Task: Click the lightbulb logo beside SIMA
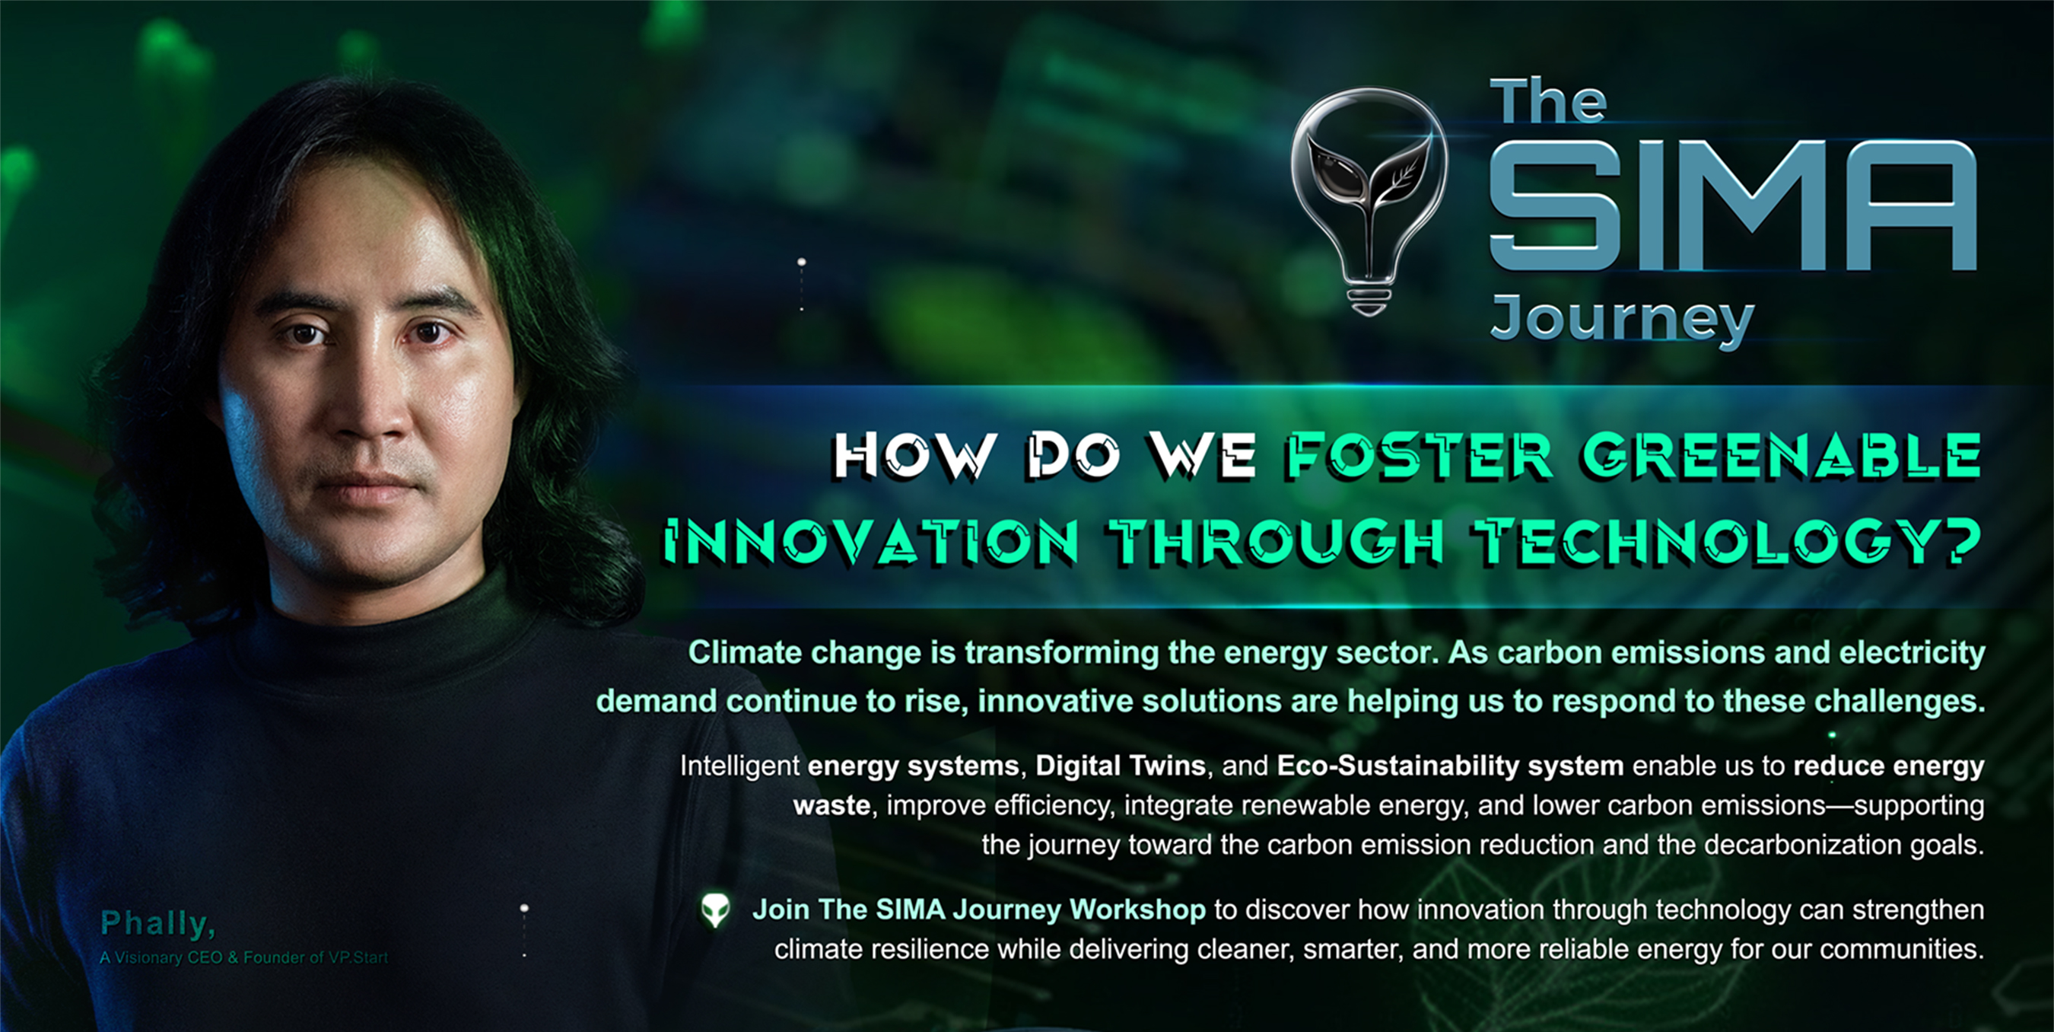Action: click(1369, 199)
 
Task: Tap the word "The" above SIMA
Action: click(1547, 101)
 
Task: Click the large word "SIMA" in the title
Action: click(1732, 205)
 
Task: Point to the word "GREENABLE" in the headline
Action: click(1782, 456)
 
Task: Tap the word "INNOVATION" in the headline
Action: click(872, 543)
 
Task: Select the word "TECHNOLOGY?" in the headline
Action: click(1728, 543)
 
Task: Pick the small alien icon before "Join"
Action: click(715, 910)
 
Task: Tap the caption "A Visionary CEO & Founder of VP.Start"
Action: click(244, 957)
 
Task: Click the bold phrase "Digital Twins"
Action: click(1121, 766)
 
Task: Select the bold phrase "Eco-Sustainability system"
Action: click(1451, 766)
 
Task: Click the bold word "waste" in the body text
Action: click(831, 805)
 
